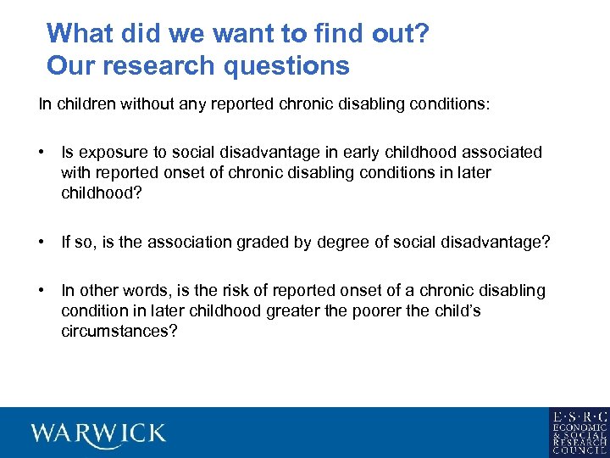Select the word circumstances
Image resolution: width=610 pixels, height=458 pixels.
pyautogui.click(x=119, y=332)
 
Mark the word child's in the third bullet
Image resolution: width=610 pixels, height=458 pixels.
pyautogui.click(x=456, y=311)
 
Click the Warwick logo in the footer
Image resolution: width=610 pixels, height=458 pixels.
pyautogui.click(x=98, y=433)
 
